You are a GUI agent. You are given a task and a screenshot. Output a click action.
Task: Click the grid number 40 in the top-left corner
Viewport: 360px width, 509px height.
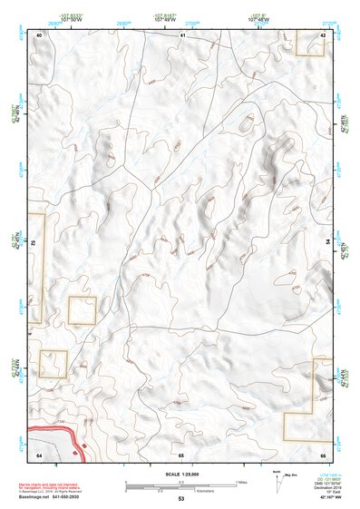tap(39, 34)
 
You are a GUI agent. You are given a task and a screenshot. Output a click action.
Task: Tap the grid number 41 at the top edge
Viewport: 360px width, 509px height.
tap(181, 34)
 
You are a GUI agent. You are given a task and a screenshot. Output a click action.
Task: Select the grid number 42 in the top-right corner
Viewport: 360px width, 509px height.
tap(324, 34)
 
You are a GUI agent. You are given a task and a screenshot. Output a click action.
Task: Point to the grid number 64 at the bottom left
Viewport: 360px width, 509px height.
tap(39, 453)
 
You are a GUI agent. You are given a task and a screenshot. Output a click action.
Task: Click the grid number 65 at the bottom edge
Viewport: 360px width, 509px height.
tap(181, 453)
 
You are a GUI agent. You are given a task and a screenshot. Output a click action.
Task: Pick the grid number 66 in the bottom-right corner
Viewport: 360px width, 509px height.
tap(324, 453)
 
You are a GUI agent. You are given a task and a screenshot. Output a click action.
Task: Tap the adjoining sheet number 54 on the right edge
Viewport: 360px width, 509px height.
tap(326, 242)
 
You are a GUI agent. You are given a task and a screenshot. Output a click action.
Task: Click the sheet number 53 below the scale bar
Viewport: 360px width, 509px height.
tap(180, 499)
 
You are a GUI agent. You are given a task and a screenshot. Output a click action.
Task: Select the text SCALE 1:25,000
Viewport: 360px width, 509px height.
tap(180, 474)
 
